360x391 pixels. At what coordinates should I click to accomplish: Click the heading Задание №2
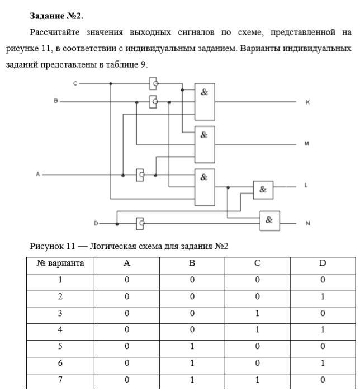pos(57,16)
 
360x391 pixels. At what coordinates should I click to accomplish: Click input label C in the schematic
pos(74,83)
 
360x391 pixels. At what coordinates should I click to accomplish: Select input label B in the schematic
pos(55,101)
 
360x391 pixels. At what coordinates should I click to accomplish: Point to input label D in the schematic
pos(96,223)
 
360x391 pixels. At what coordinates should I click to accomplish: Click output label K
pos(307,102)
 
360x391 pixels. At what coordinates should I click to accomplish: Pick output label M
pos(306,144)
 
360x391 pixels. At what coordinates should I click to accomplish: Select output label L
pos(306,185)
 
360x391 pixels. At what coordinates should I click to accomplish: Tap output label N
pos(307,223)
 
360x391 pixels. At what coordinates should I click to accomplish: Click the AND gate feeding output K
pos(205,102)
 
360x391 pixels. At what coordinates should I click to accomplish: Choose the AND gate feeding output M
pos(205,144)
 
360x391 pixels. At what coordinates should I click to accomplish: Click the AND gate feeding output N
pos(269,221)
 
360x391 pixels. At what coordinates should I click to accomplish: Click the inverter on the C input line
pos(153,84)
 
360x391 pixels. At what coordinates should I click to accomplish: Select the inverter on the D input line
pos(140,223)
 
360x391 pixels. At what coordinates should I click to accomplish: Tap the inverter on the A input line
pos(140,175)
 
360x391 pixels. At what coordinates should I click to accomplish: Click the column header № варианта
pos(60,263)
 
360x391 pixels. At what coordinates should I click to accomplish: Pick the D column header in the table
pos(322,263)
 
